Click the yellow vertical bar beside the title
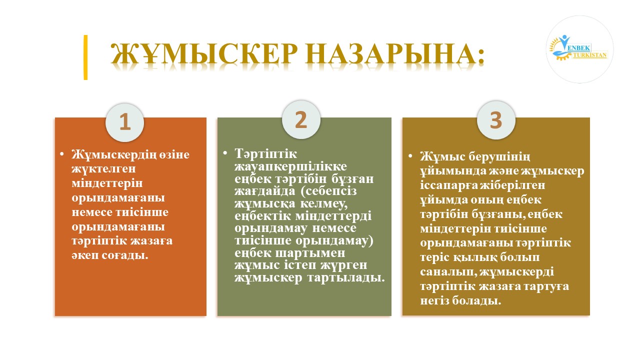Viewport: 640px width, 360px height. [85, 57]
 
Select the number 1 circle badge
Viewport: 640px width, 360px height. [125, 122]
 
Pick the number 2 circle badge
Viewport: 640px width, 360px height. [301, 119]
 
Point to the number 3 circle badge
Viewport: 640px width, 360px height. [496, 120]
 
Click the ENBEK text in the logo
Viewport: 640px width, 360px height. [578, 48]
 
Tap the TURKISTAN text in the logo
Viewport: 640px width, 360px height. [589, 55]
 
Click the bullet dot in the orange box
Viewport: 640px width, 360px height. [61, 154]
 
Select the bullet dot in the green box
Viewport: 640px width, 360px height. [225, 153]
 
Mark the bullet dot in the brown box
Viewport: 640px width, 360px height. [410, 156]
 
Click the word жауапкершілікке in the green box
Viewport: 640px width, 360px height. [291, 167]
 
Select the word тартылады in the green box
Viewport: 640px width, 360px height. [346, 277]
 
